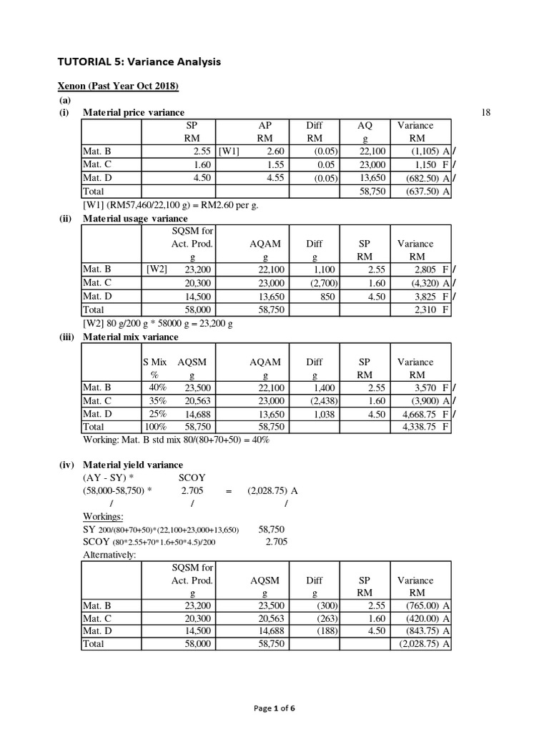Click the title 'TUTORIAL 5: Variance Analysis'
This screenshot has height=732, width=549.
pos(139,62)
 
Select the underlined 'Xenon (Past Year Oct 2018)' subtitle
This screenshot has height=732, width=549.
pos(117,86)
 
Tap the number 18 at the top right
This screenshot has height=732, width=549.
pos(486,113)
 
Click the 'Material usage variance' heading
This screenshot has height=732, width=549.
pos(135,218)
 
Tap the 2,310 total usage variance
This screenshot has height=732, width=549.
pos(427,310)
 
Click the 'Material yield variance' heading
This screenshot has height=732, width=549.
pos(132,465)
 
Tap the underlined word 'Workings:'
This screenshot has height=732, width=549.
pos(103,516)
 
